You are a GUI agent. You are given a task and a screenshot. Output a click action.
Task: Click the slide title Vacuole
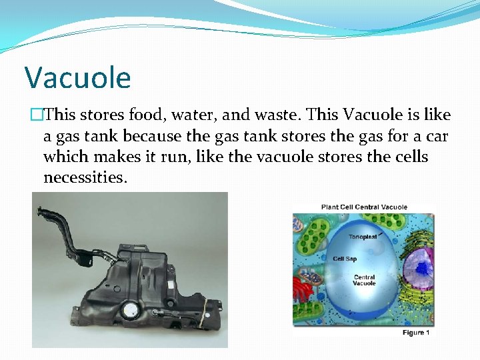pos(78,78)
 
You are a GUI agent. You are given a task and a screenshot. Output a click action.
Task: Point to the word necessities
pos(84,178)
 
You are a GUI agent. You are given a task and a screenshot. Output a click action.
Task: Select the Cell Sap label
pos(345,259)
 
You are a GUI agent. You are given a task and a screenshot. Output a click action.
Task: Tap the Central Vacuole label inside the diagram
pos(364,280)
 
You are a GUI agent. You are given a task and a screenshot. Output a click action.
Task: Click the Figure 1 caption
pos(416,333)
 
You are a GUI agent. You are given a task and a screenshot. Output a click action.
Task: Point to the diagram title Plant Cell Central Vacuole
pos(364,207)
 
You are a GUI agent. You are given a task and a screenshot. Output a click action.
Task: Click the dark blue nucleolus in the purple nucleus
pos(421,267)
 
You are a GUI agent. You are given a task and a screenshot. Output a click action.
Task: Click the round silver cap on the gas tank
pos(129,311)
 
